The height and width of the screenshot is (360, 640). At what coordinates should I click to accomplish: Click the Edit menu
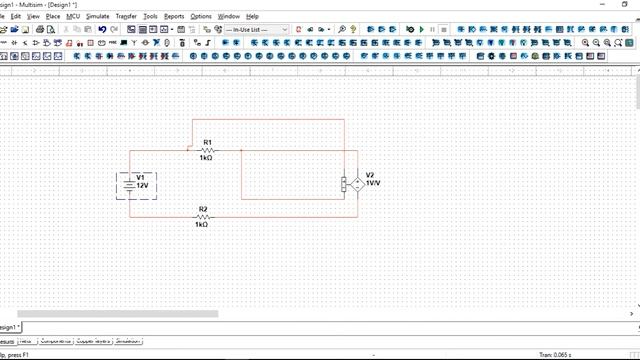pos(16,16)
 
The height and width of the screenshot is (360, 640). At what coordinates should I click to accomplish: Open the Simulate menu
pos(98,16)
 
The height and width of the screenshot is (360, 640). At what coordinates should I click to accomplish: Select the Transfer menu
pos(126,16)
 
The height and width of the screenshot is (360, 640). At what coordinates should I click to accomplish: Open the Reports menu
pos(174,16)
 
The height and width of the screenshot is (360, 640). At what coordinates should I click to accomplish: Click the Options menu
pos(201,16)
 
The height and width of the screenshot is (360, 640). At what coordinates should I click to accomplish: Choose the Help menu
pos(252,16)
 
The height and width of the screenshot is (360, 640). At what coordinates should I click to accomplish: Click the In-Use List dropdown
pos(256,30)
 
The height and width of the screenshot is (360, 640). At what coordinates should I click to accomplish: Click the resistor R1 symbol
pos(207,151)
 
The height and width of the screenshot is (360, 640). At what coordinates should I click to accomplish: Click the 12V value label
pos(143,186)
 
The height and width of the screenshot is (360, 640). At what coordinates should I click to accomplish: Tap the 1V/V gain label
pos(372,184)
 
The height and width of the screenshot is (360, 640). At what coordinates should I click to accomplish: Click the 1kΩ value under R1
pos(206,159)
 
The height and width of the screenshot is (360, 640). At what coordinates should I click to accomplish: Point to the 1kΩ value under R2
pos(201,225)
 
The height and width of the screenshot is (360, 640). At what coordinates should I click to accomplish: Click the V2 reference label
pos(370,174)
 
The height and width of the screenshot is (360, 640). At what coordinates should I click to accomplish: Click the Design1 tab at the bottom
pos(8,327)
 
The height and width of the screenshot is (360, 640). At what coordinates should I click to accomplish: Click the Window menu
pos(229,16)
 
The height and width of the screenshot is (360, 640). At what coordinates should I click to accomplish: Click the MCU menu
pos(73,16)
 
